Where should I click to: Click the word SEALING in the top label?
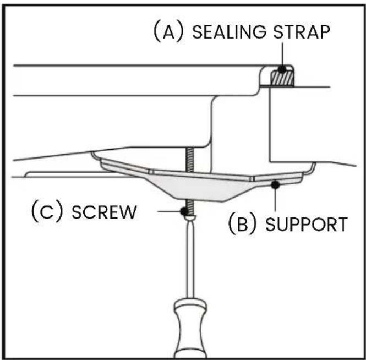click(229, 32)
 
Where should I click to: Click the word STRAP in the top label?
click(302, 32)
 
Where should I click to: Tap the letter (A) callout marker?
click(168, 31)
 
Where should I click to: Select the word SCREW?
click(104, 212)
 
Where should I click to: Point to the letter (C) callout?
click(47, 211)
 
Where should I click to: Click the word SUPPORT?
click(307, 225)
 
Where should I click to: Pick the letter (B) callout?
click(243, 223)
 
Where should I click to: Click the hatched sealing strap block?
click(282, 78)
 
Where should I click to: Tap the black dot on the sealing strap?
click(282, 69)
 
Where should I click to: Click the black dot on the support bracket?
click(275, 185)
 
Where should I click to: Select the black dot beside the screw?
click(184, 211)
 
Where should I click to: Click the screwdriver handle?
click(190, 329)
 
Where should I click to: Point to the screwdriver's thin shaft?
click(190, 259)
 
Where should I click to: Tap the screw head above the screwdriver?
click(190, 217)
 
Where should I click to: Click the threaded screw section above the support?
click(189, 160)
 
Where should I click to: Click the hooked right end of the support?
click(312, 168)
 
